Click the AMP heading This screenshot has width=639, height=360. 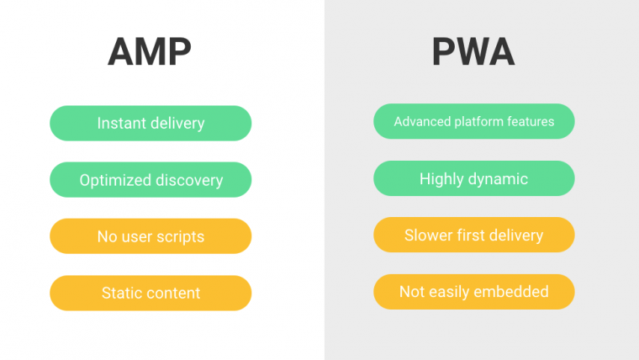[150, 52]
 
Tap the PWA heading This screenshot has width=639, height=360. [473, 52]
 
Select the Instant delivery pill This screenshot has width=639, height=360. [151, 123]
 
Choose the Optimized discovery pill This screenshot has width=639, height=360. [151, 180]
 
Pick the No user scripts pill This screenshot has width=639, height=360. [151, 236]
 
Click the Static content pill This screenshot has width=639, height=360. [151, 293]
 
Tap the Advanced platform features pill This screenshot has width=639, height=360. [474, 121]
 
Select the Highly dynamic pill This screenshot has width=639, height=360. [474, 178]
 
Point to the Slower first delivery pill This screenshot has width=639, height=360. [474, 235]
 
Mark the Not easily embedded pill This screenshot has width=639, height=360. [474, 292]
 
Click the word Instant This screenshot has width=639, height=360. [121, 123]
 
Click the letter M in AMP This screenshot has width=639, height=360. [150, 52]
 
